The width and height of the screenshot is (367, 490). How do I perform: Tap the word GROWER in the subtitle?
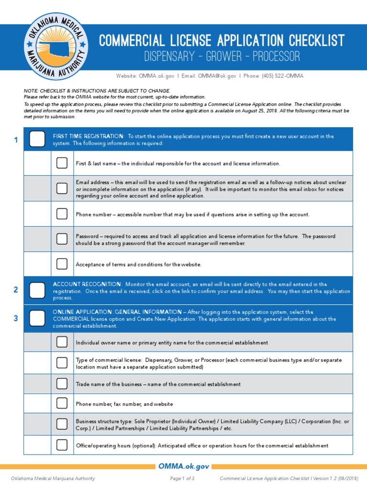click(x=224, y=57)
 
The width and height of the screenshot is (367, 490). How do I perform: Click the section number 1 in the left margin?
click(x=16, y=140)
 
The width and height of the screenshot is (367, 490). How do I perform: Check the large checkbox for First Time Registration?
click(x=37, y=139)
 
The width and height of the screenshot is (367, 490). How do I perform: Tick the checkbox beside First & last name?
click(x=62, y=163)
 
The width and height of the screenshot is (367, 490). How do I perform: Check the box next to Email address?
click(x=62, y=189)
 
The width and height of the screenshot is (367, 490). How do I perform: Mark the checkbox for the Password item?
click(x=62, y=239)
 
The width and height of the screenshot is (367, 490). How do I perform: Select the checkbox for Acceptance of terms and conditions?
click(x=62, y=264)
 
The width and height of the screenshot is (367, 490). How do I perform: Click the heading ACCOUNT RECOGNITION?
click(x=81, y=284)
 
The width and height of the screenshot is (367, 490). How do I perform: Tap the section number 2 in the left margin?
click(x=16, y=290)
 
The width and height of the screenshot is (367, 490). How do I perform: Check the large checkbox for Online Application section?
click(x=37, y=318)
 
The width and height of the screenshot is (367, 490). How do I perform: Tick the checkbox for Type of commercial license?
click(x=62, y=363)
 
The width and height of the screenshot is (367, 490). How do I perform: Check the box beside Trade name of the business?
click(x=62, y=384)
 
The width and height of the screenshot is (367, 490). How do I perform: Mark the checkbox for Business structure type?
click(x=62, y=424)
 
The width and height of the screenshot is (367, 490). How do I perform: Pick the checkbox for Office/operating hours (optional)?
click(x=62, y=445)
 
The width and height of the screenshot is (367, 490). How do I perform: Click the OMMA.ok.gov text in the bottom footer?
click(x=183, y=467)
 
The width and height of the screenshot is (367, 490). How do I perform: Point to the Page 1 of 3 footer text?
click(x=182, y=479)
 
